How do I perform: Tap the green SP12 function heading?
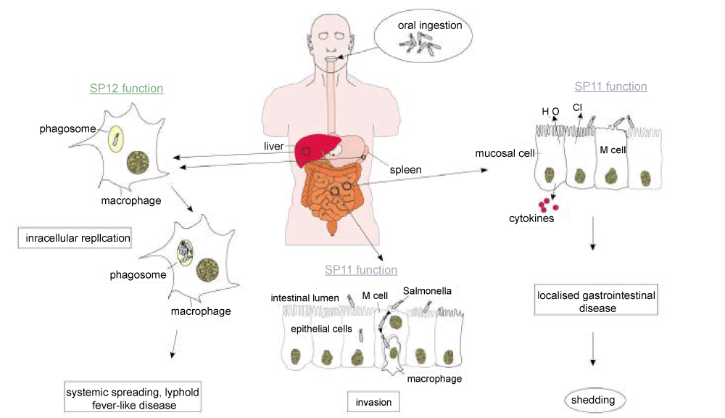click(x=126, y=89)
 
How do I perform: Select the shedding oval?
click(x=594, y=400)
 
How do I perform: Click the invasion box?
click(x=374, y=401)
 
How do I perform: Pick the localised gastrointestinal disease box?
click(x=595, y=301)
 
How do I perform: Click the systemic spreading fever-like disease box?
click(x=132, y=398)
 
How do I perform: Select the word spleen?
click(x=406, y=170)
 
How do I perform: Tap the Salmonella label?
click(x=427, y=290)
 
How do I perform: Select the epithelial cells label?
click(x=321, y=328)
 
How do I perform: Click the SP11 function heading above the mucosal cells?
click(x=610, y=86)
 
